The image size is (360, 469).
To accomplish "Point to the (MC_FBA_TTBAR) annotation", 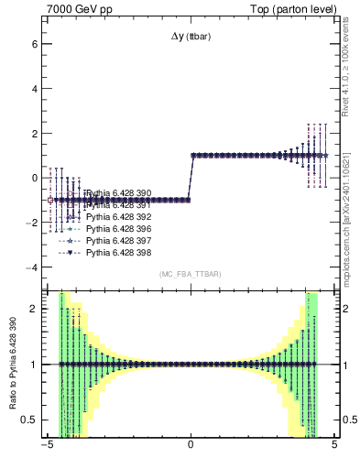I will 191,274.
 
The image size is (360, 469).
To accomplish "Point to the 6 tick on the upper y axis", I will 33,44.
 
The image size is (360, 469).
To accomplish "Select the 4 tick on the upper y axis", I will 33,89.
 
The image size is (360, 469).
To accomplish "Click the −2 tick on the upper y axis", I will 30,223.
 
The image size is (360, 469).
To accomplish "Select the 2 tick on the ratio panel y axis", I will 33,309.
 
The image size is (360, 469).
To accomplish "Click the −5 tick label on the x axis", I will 46,448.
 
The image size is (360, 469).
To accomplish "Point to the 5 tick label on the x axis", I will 334,448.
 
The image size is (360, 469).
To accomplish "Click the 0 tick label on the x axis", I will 191,448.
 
